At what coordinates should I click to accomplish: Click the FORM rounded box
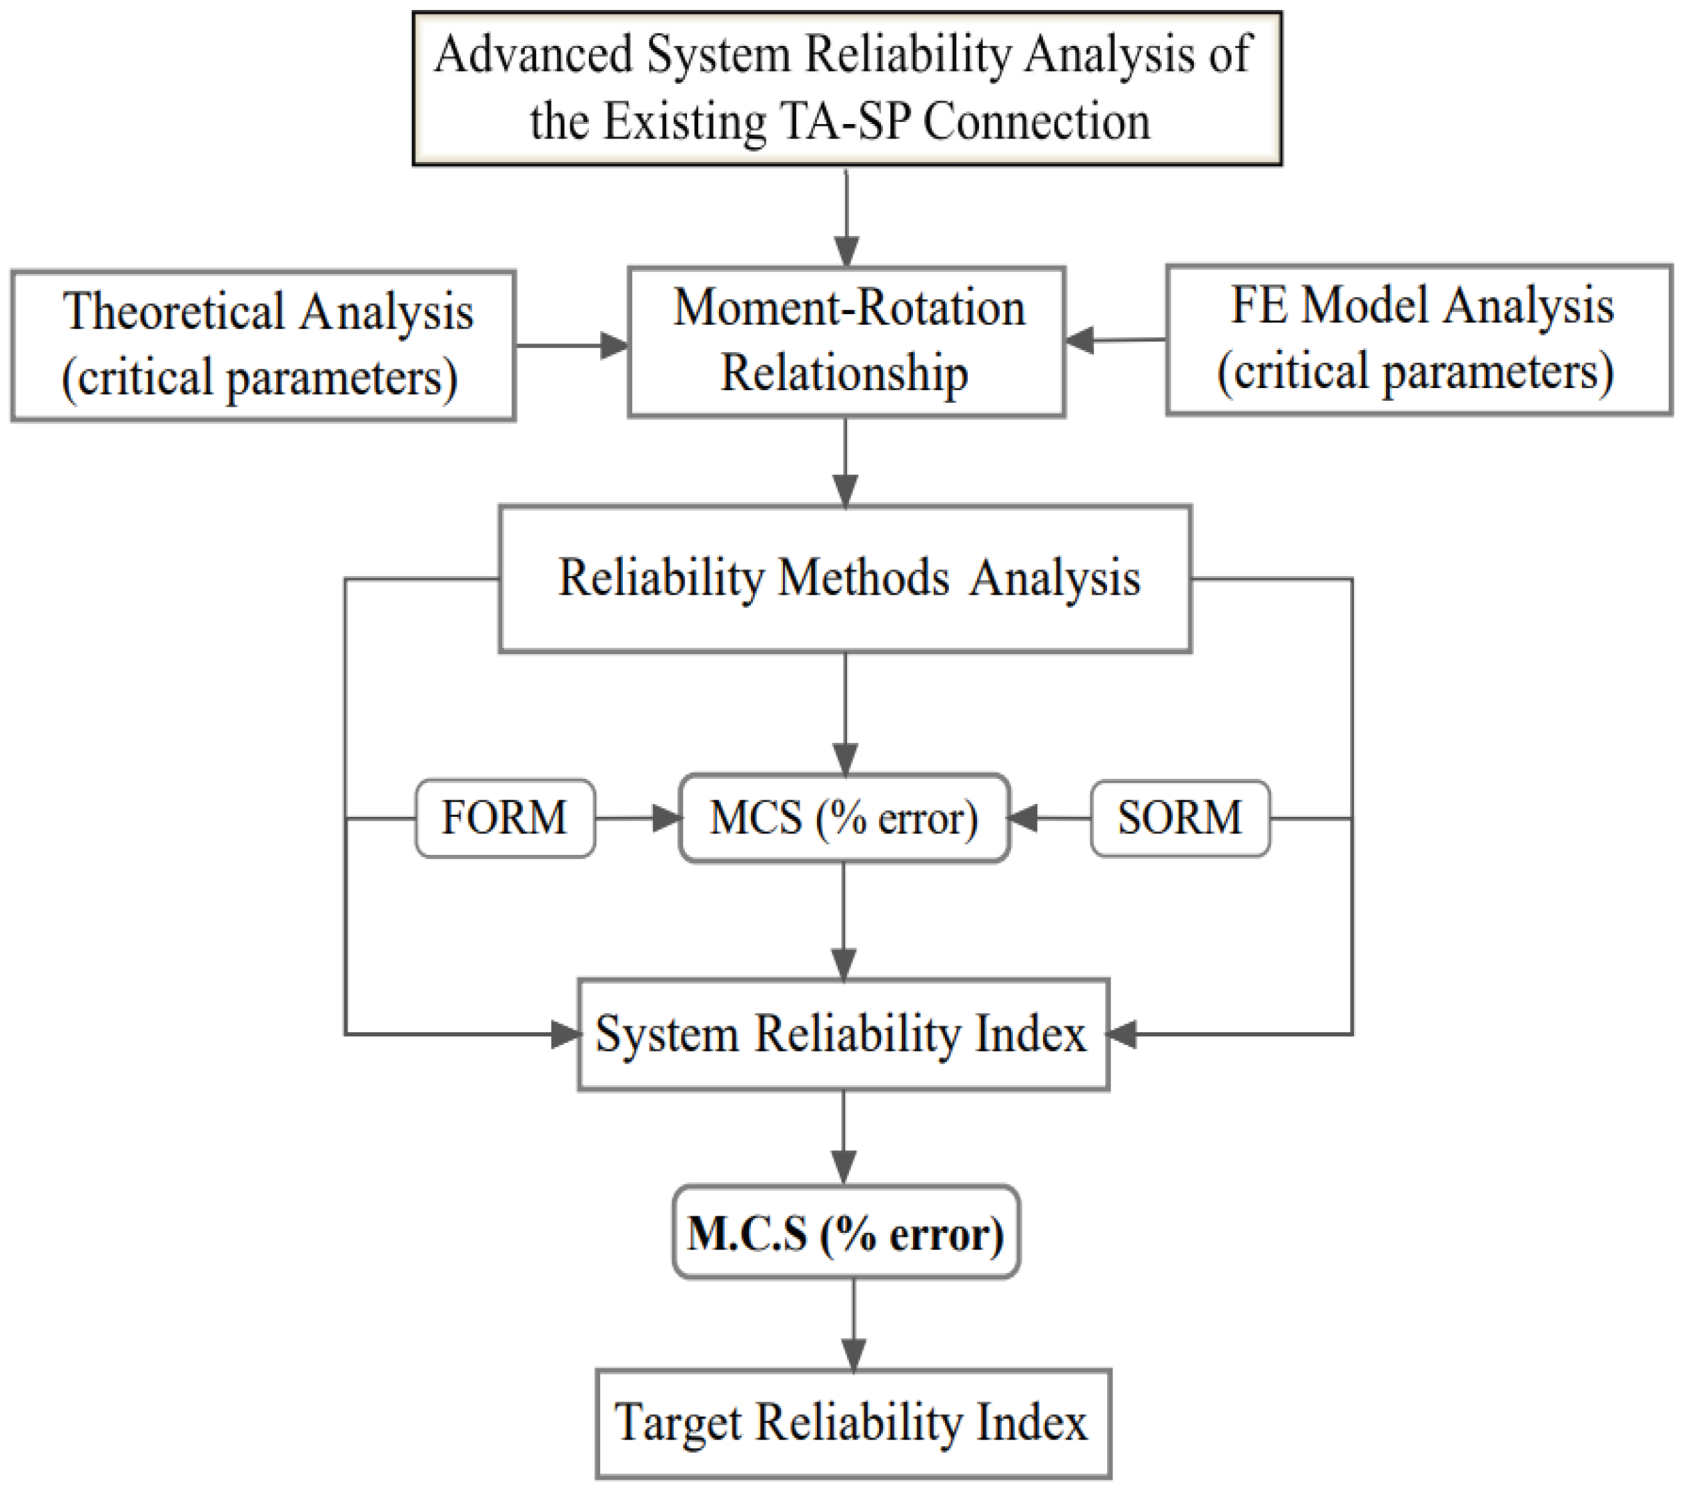tap(504, 818)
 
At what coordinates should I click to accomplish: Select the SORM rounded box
tap(1180, 818)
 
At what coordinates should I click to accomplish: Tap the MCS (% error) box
tap(844, 818)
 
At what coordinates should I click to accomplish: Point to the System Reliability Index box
tap(842, 1034)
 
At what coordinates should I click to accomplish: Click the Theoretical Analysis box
tap(263, 345)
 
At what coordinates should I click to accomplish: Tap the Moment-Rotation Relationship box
tap(846, 341)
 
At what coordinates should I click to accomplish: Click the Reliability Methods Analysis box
tap(845, 579)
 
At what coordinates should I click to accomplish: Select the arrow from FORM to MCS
tap(637, 818)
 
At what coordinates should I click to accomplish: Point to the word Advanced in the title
tap(534, 55)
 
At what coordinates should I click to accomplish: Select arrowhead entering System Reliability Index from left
tap(565, 1034)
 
